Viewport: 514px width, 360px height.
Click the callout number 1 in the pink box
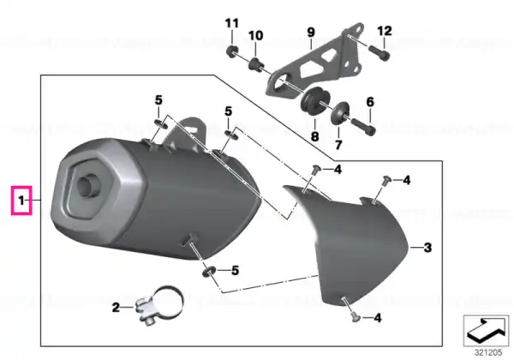pos(21,201)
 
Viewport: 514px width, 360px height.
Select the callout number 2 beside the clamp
pos(116,308)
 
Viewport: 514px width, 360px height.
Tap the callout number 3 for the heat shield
pos(427,248)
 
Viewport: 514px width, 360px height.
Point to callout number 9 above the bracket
pos(311,32)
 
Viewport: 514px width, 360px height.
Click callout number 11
pos(232,23)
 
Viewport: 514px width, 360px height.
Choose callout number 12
pos(385,31)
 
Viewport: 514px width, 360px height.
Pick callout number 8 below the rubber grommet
pos(314,136)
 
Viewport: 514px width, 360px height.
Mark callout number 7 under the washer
pos(338,144)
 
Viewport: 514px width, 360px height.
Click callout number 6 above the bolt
pos(370,102)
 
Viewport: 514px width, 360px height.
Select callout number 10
pos(255,35)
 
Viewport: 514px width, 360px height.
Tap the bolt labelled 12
pos(380,53)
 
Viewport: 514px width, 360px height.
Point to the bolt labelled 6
pos(363,127)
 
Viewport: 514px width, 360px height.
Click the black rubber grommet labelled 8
pos(315,100)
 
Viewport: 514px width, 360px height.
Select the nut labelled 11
pos(232,51)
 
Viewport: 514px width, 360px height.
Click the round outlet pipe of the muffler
pos(87,186)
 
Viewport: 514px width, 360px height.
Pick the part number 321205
pos(488,352)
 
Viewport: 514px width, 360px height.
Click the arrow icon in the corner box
pos(486,330)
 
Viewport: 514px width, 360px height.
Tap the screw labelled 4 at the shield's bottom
pos(355,316)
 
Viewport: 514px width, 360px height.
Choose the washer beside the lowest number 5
pos(208,271)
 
